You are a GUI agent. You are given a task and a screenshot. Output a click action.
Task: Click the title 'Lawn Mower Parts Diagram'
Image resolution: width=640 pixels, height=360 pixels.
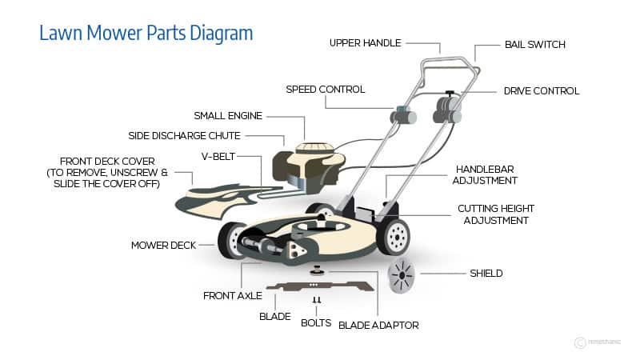[146, 33]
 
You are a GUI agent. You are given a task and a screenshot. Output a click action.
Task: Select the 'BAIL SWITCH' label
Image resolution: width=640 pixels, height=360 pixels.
[534, 45]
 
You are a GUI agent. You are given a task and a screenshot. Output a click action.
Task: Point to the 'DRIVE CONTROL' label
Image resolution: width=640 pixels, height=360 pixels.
[542, 91]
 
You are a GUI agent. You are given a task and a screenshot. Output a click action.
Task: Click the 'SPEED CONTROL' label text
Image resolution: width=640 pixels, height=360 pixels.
[325, 89]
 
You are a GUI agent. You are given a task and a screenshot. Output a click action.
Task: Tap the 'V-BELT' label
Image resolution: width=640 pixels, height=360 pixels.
[217, 156]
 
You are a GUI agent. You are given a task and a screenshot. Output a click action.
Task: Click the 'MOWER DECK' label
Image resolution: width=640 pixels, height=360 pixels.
[165, 245]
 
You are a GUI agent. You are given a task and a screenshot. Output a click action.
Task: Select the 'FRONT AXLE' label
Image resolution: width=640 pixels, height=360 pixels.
[232, 295]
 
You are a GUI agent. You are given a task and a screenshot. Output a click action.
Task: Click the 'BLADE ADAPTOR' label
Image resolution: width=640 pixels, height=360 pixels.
[378, 325]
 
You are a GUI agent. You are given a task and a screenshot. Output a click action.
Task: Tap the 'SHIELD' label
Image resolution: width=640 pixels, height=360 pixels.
[486, 273]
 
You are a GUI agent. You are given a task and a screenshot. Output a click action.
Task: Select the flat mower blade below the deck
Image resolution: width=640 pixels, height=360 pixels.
[320, 286]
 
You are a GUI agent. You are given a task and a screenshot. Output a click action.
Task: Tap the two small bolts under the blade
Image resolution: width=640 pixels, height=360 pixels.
[316, 301]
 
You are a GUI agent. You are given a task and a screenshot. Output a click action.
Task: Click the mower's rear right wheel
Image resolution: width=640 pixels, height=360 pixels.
[393, 237]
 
